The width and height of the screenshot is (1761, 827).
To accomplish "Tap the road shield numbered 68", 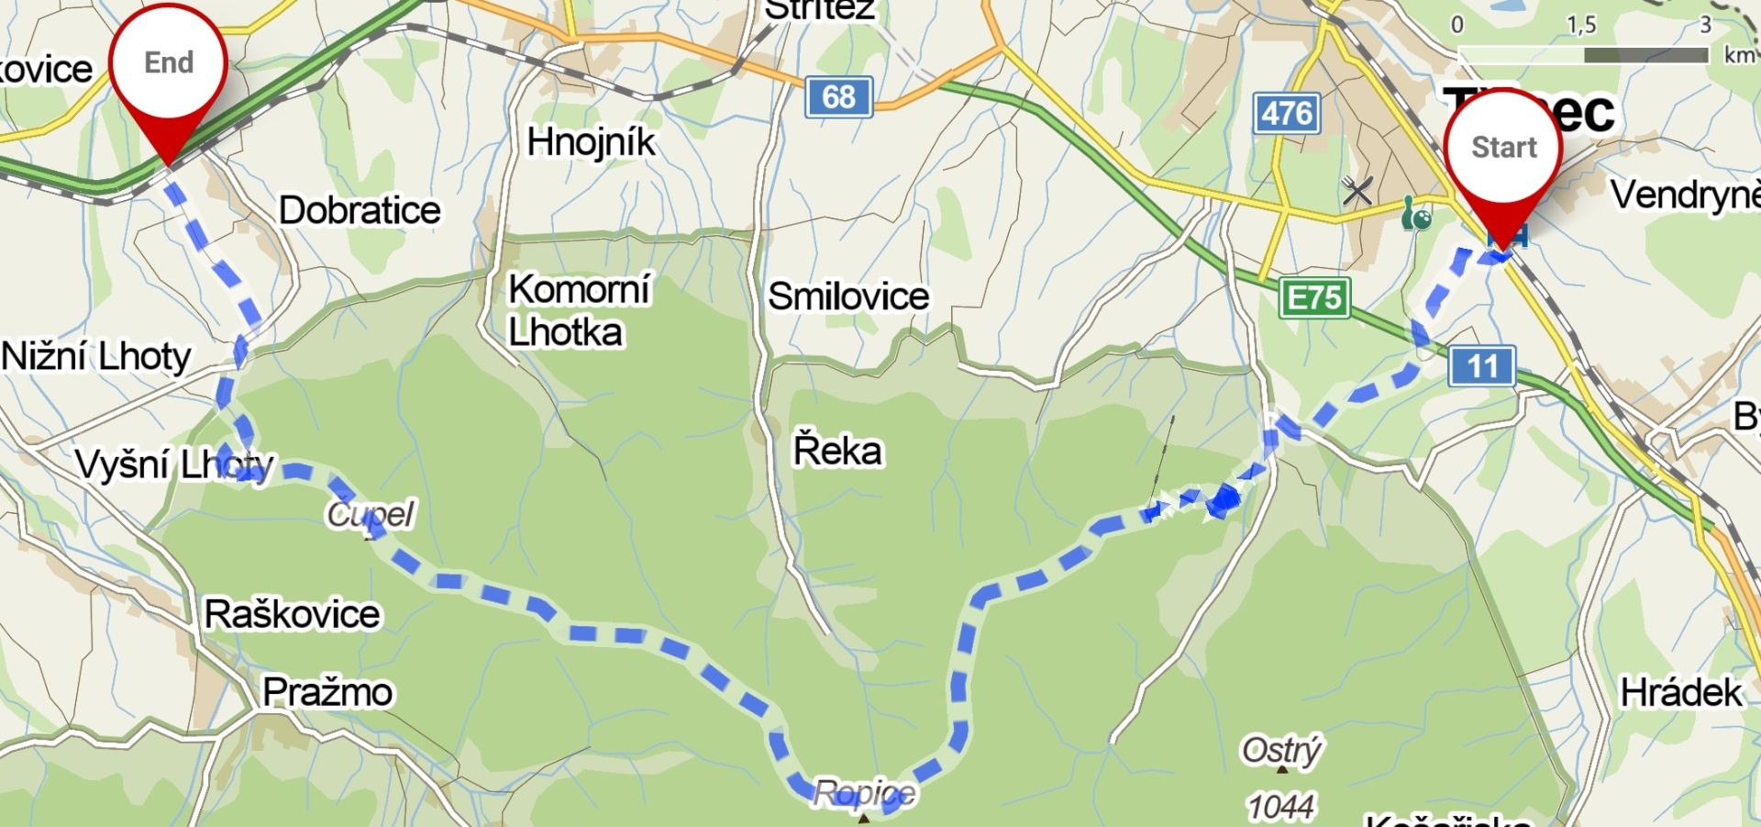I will click(838, 96).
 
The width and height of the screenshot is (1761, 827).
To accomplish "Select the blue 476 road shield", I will click(1287, 114).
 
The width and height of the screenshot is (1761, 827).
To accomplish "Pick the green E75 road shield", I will click(1314, 298).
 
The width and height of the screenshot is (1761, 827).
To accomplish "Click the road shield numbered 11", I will click(1481, 366).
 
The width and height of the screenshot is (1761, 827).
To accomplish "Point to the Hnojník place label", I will click(592, 142).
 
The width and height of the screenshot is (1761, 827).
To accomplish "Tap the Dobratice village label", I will click(360, 210).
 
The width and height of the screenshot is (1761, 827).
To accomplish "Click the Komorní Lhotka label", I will click(578, 310).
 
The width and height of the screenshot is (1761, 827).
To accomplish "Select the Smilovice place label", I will click(848, 296).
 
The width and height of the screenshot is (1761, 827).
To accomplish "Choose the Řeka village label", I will click(837, 451).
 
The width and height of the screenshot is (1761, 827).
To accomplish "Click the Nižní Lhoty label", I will click(96, 356).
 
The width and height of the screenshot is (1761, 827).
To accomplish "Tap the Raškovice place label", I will click(292, 613).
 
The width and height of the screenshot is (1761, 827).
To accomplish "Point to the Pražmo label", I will click(327, 691).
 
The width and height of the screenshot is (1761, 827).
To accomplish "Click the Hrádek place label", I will click(1680, 692).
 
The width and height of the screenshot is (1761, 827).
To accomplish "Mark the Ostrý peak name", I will click(1281, 750).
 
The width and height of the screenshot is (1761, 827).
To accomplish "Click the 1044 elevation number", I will click(1280, 807).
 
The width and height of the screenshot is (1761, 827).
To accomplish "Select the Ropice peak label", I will click(864, 792).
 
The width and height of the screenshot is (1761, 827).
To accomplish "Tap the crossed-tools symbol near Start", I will click(1357, 191).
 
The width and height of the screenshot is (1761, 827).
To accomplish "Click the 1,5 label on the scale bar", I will click(1581, 25).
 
